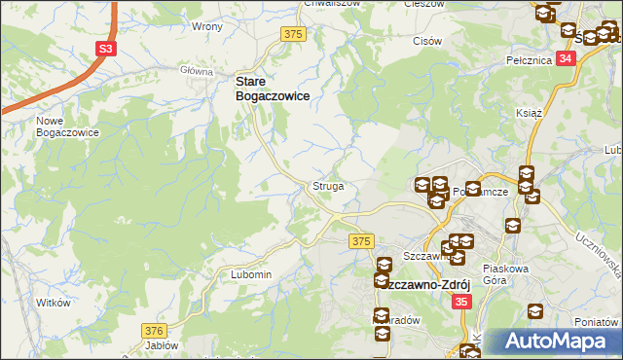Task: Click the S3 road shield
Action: pos(106,48)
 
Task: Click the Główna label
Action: pos(197,71)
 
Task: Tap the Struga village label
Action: pos(327,185)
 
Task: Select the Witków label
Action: pos(54,303)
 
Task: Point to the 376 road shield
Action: pos(153,331)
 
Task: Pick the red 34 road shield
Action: pos(568,58)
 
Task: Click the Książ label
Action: pos(528,113)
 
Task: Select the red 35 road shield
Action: pos(462,304)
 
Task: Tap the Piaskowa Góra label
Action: pos(507,274)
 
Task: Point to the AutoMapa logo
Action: pos(559,342)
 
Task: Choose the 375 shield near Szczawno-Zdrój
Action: pos(362,240)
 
